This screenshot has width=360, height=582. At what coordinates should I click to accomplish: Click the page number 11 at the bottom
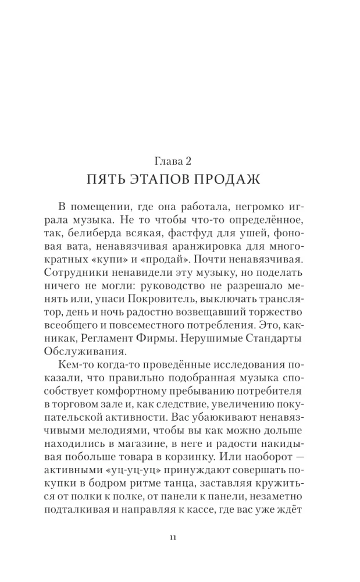coord(180,538)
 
